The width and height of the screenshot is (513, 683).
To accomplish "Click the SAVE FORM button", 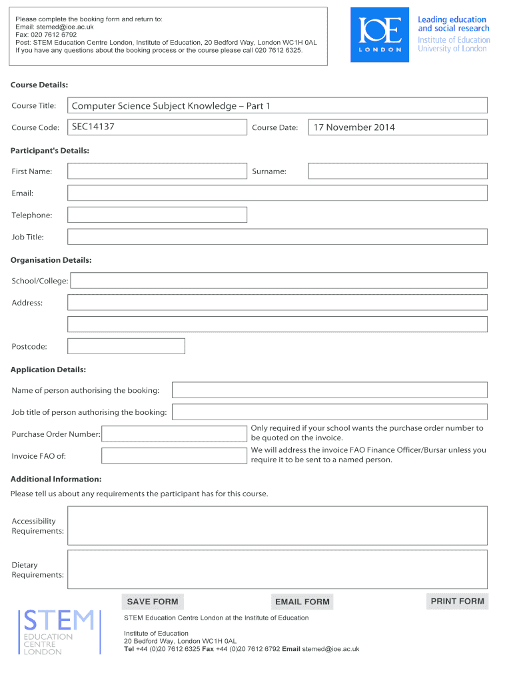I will point(153,602).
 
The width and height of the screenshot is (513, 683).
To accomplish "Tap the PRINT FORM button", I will point(457,601).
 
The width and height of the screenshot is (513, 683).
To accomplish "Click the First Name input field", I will point(157,171).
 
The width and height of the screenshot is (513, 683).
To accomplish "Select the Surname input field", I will point(397,171).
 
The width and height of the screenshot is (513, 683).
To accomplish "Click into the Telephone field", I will point(157,215).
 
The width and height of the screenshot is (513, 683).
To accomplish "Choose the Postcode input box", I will point(126,346).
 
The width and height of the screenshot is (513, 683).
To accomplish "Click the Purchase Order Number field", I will point(173,434).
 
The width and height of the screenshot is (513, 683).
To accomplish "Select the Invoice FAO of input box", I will point(173,456).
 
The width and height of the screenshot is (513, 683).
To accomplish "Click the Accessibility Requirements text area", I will point(277,526).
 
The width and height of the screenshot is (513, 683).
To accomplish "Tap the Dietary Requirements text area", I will point(277,569).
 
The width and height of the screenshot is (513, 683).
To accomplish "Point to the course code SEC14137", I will point(93,126).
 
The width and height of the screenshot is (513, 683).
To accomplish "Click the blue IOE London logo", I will point(380,35).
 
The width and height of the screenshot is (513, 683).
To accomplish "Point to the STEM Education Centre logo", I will point(59,631).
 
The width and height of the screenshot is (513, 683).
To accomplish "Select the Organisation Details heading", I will point(51,260).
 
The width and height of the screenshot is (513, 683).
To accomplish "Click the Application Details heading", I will point(48,370).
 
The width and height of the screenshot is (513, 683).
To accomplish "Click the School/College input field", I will point(278,281).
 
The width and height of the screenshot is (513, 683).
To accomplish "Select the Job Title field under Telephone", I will point(277,237).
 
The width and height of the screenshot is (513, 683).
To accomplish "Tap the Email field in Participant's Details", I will point(277,193).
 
